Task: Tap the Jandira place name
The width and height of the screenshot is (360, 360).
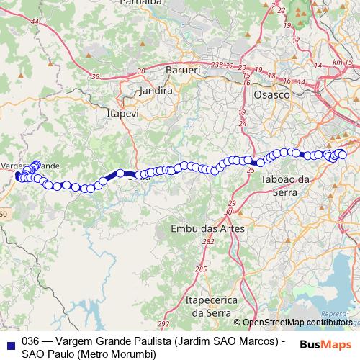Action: [x=156, y=91]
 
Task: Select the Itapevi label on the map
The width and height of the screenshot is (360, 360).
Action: [x=122, y=114]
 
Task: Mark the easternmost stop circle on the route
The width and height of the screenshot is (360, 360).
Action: [x=342, y=155]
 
